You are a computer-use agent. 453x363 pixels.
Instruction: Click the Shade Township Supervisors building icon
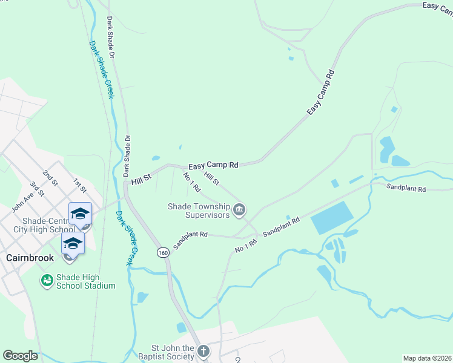[x=239, y=210]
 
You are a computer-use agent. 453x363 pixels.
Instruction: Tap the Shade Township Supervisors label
[x=199, y=211]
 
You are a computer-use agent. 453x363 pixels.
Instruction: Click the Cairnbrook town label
[x=30, y=257]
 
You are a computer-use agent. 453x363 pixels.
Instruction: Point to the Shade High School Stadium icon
[x=47, y=280]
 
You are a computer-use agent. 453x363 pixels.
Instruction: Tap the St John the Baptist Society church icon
[x=203, y=352]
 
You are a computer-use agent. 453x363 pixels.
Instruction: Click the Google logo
[x=20, y=356]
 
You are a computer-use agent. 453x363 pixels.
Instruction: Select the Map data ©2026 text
[x=427, y=358]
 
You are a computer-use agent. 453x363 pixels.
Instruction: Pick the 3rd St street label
[x=37, y=190]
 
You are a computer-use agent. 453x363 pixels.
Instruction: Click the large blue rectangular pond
[x=332, y=218]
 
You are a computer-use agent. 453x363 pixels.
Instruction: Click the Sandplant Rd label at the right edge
[x=406, y=189]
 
